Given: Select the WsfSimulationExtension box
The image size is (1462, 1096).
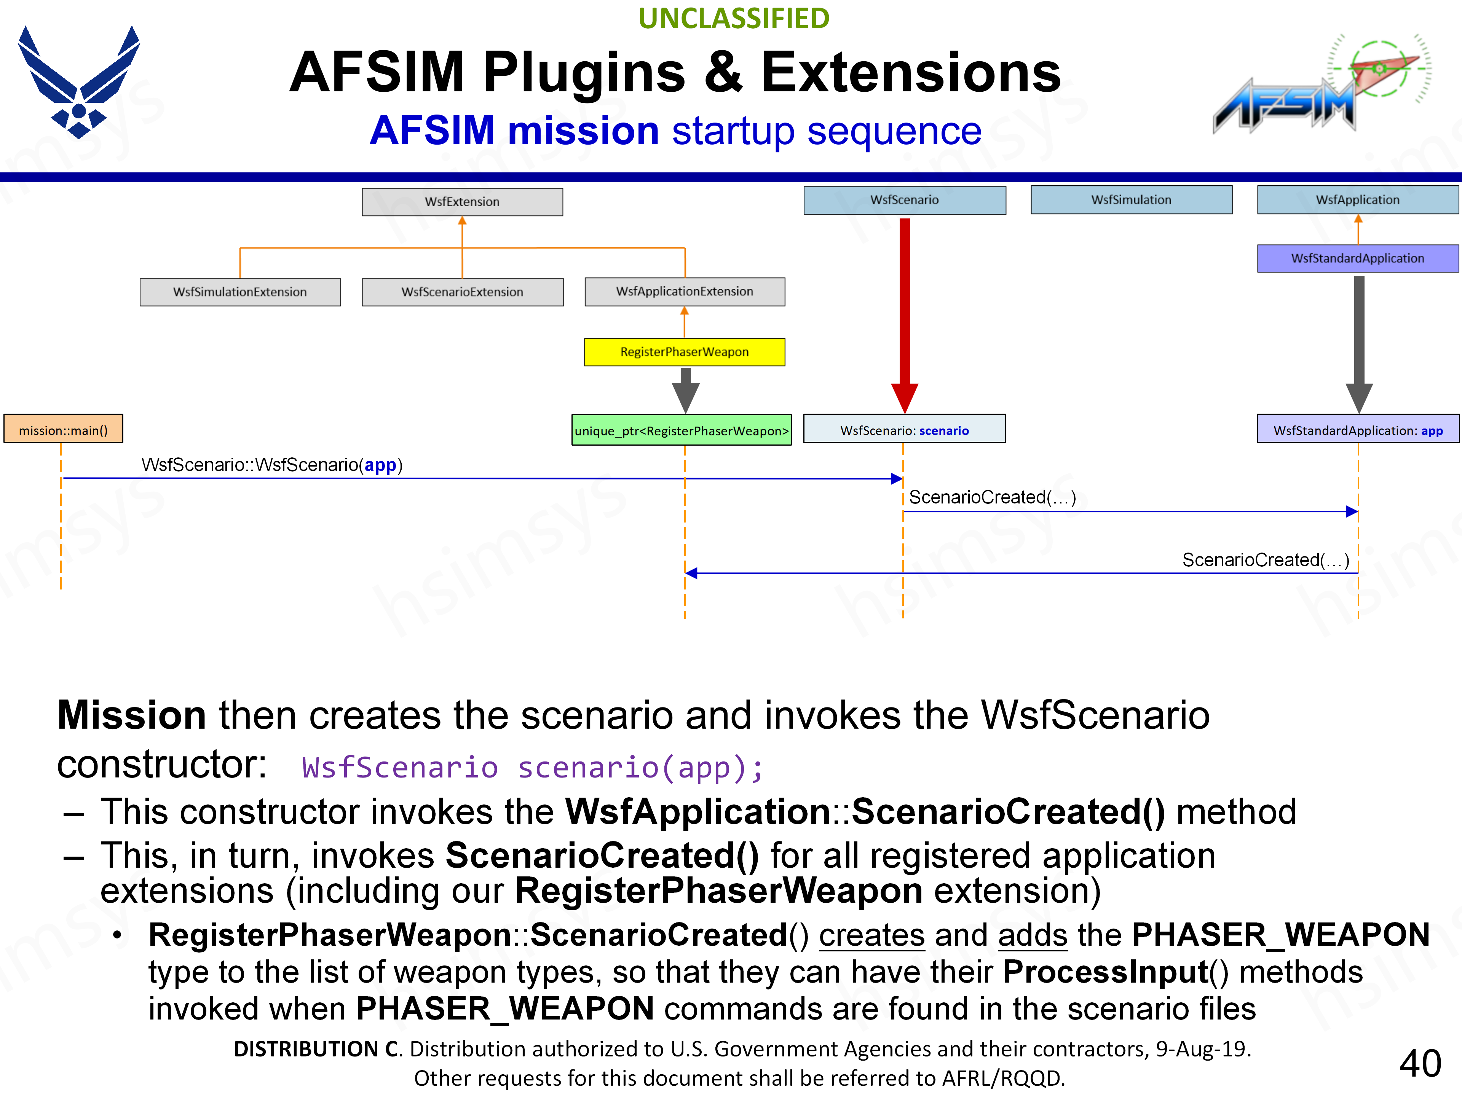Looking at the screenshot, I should point(240,292).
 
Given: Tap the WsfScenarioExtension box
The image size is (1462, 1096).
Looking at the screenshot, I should point(462,292).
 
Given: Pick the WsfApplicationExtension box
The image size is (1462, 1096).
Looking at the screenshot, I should point(685,292).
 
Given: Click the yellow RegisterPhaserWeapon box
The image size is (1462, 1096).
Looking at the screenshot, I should point(684,352).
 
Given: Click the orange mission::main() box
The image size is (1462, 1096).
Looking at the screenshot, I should point(64,430).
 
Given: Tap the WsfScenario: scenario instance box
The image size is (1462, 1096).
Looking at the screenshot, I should point(904,430).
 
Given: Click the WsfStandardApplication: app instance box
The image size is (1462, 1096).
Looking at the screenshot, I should point(1358,430).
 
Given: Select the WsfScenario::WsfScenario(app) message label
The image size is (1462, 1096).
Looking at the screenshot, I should point(271,465).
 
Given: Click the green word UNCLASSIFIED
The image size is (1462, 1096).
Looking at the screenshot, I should point(734,19).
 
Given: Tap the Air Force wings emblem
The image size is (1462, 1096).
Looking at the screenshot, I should point(79,83).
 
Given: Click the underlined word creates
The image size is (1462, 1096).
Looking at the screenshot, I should point(871,935).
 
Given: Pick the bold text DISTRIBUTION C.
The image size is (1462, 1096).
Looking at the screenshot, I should point(317,1049).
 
